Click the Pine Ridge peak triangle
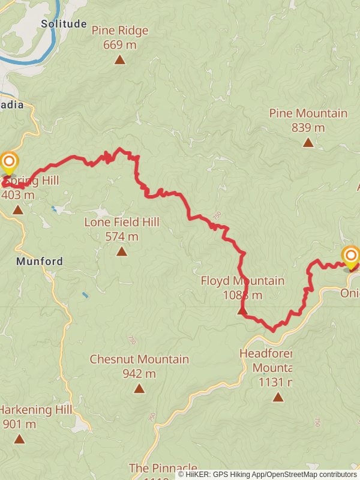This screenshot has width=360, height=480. (120, 59)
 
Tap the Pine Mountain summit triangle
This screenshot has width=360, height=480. (308, 142)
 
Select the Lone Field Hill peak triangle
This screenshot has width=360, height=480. (122, 251)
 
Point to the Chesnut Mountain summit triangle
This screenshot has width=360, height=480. (139, 388)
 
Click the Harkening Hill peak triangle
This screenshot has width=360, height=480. (20, 439)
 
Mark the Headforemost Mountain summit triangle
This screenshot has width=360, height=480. (278, 397)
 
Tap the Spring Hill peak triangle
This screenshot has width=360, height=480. (17, 209)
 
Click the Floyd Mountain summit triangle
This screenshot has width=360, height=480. (242, 310)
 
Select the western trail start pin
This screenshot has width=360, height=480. (9, 163)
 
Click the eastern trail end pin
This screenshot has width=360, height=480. (350, 256)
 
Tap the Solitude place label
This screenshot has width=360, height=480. (64, 24)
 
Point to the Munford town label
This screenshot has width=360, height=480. (40, 262)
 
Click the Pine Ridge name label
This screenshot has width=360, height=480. (120, 31)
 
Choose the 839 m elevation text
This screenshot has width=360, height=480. (308, 127)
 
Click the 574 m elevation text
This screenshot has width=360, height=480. (122, 236)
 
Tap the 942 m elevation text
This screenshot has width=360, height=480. (139, 374)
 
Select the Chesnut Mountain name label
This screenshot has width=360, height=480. (139, 359)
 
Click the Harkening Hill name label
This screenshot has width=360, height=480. (36, 410)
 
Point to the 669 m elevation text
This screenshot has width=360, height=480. (120, 44)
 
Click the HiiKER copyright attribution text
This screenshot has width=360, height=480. (267, 474)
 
